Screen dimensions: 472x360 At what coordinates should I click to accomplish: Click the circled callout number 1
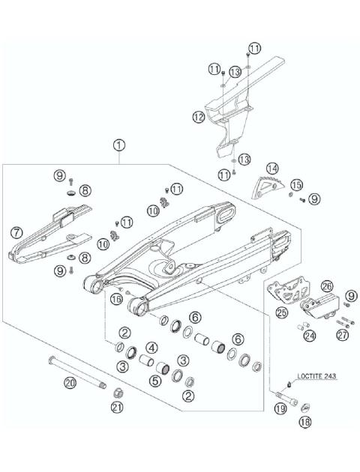tap(120, 143)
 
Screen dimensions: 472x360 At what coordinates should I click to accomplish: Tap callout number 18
tap(304, 423)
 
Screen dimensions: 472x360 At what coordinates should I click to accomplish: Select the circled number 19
tap(280, 408)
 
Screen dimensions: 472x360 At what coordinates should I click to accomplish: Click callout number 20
tap(70, 384)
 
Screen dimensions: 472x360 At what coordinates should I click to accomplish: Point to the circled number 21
tap(116, 407)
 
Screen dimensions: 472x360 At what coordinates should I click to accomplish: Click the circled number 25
tap(282, 311)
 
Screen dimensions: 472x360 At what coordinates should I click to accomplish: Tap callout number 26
tap(327, 286)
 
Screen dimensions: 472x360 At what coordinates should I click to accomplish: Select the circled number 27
tap(343, 336)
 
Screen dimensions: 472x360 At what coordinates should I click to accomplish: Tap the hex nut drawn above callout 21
tap(118, 392)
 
